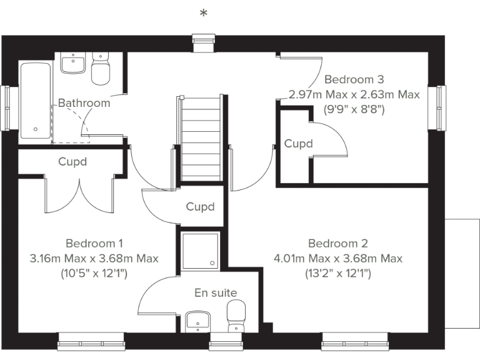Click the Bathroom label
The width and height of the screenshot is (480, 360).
(x=84, y=103)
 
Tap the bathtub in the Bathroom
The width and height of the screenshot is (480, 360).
(x=36, y=100)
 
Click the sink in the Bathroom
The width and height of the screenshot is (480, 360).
(x=74, y=63)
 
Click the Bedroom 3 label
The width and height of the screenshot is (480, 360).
(x=354, y=79)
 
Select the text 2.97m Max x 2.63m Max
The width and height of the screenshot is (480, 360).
(x=354, y=94)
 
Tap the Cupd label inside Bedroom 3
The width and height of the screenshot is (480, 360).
(x=298, y=144)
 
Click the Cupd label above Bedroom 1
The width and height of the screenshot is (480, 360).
(x=72, y=162)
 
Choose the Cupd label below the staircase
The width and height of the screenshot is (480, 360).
(x=200, y=207)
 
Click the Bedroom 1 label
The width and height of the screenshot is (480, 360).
(x=94, y=243)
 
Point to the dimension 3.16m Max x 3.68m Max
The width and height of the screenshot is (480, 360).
(x=94, y=258)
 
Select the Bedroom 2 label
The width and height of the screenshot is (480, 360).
(x=338, y=243)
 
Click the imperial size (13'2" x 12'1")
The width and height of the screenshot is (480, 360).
(x=338, y=273)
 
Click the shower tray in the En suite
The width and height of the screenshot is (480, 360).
(x=200, y=251)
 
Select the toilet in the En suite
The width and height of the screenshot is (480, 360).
(x=236, y=316)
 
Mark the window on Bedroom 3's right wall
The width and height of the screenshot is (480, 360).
(x=441, y=107)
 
